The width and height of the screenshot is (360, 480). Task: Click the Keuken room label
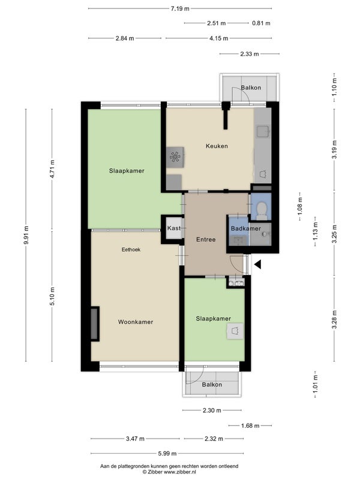click(x=217, y=146)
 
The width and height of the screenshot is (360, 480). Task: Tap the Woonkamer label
click(x=136, y=322)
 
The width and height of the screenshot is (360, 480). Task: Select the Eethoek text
click(x=131, y=250)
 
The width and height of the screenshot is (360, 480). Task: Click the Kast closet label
click(x=173, y=228)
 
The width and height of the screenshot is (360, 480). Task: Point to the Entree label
click(x=206, y=239)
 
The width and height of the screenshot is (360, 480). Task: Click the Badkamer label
click(x=246, y=229)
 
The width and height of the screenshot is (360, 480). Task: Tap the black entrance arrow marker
click(x=258, y=264)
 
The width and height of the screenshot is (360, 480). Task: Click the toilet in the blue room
click(x=262, y=211)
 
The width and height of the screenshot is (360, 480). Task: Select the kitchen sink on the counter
click(x=263, y=131)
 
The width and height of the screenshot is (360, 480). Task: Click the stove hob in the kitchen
click(x=175, y=157)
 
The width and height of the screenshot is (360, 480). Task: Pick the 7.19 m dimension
click(x=180, y=8)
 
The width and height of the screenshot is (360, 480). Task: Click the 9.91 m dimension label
click(x=26, y=235)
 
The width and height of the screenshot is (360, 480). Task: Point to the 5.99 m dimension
click(x=167, y=454)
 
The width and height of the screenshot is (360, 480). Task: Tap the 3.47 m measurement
click(x=135, y=439)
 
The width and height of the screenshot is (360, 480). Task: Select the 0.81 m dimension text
click(x=261, y=23)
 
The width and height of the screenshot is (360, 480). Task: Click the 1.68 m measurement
click(x=250, y=425)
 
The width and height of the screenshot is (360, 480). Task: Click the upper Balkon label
click(x=251, y=88)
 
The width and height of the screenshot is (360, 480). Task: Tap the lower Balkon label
click(x=212, y=385)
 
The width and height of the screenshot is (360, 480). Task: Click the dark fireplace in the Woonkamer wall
click(x=95, y=324)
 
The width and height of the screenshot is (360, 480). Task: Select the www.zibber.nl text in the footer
click(x=180, y=472)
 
